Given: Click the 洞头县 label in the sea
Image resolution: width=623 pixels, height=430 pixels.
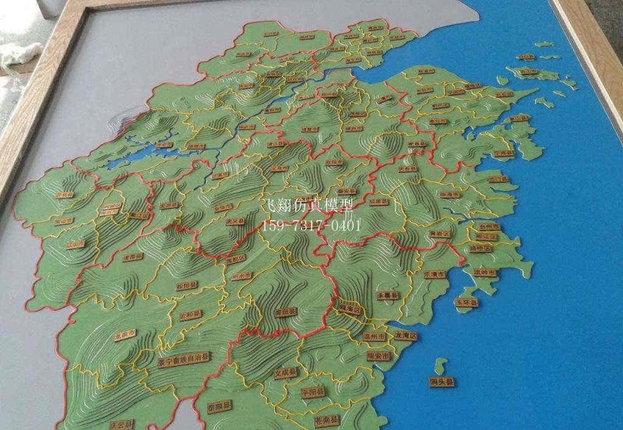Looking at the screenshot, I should tap(442, 382).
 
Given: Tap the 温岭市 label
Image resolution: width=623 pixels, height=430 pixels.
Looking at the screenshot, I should tap(484, 272).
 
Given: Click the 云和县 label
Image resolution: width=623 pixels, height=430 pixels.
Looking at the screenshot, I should tap(190, 315).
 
